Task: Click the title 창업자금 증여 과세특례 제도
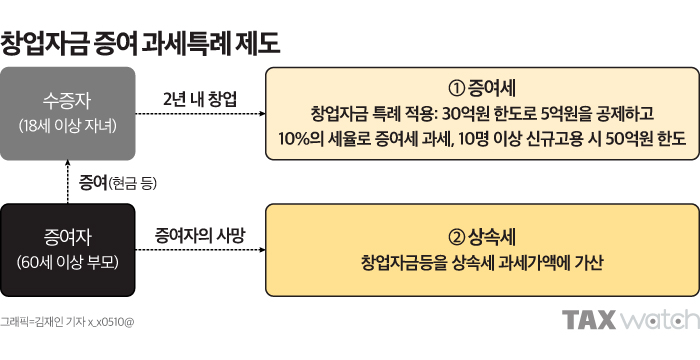tap(140, 42)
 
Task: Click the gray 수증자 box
tap(67, 114)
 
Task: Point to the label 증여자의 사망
tap(200, 235)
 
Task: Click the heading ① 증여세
tap(483, 85)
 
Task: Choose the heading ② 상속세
tap(483, 238)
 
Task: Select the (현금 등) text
tap(134, 184)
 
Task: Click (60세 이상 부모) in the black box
tap(67, 262)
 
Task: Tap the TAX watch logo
tap(628, 321)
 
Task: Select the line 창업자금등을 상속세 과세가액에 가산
tap(483, 264)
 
